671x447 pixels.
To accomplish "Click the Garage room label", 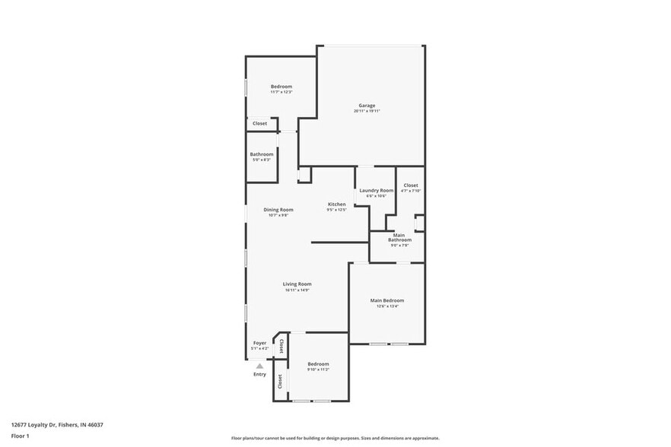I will (367, 106).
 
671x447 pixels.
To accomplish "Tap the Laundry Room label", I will (376, 190).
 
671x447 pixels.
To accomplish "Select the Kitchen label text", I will (336, 204).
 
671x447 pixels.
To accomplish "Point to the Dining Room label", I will (278, 210).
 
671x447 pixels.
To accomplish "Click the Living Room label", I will (297, 284).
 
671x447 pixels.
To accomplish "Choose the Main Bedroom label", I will (387, 300).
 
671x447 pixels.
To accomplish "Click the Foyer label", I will (259, 343).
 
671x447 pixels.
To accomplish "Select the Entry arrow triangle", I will (259, 366).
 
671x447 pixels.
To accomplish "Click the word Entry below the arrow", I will (259, 374).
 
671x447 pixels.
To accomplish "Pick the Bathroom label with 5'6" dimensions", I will (262, 154).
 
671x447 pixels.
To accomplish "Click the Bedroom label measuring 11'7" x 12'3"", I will (281, 87).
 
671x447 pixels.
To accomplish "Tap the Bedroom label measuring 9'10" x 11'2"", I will (318, 364).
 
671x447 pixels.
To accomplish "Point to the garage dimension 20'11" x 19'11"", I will (367, 111).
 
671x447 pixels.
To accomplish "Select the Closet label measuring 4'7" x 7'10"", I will (411, 185).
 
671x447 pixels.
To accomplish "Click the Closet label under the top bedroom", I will (260, 123).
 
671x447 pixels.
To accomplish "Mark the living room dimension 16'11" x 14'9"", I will (297, 290).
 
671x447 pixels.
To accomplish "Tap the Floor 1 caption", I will (20, 436).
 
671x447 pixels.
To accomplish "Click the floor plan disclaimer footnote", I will (334, 439).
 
